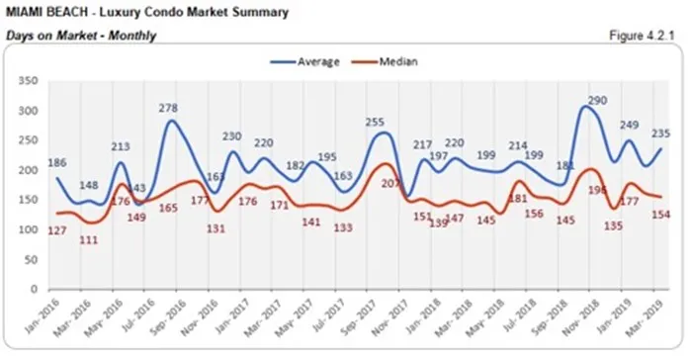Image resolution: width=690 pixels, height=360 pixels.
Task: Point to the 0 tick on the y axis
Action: pos(33,289)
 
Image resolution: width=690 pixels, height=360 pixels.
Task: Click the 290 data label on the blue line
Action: pos(596,101)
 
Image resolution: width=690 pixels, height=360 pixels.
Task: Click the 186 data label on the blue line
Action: pos(58,161)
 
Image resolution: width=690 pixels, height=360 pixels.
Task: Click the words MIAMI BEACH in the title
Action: pos(44,13)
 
